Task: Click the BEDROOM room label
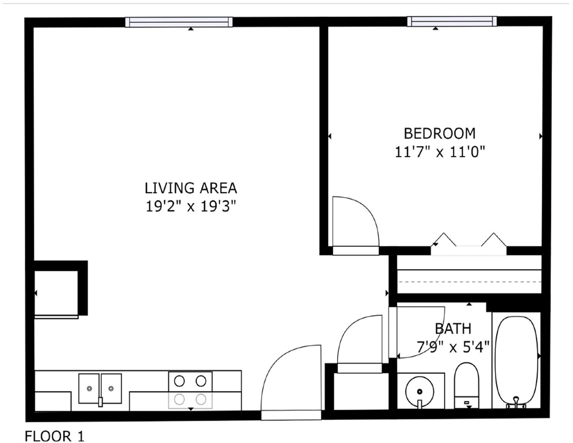point(439,133)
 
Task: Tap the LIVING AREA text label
point(191,188)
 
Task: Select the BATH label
point(453,329)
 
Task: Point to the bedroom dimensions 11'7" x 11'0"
point(440,152)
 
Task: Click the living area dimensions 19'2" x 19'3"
point(191,207)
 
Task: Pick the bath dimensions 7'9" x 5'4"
point(453,347)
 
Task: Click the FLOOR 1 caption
point(55,436)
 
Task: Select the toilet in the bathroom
point(466,386)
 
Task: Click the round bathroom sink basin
point(420,391)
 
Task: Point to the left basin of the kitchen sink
point(89,388)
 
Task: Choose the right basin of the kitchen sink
point(111,388)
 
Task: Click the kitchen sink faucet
point(100,402)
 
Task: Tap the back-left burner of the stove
point(179,381)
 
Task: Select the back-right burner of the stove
point(201,381)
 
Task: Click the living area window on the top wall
point(179,22)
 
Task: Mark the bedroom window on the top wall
point(452,21)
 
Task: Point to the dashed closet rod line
point(470,282)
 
